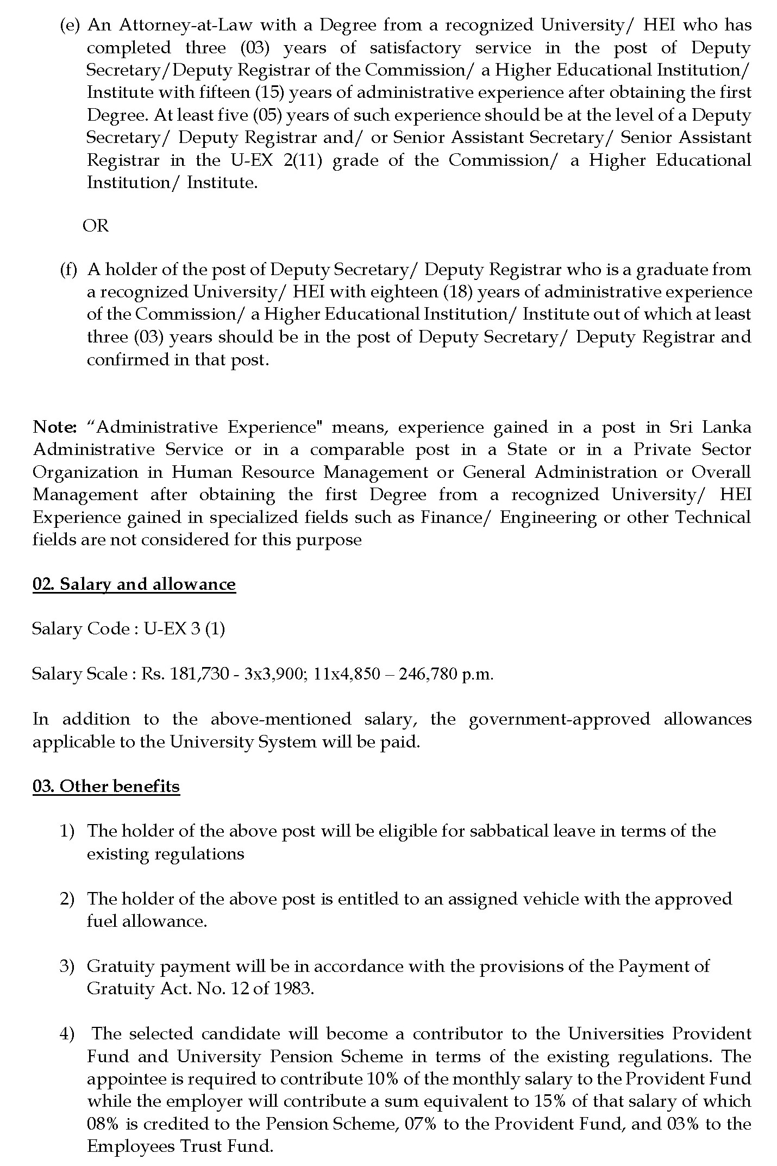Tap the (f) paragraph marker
coord(68,270)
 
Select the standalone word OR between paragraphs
coord(96,226)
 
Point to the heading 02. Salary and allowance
coord(134,584)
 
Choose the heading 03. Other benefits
coord(106,787)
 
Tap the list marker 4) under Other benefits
coord(66,1034)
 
